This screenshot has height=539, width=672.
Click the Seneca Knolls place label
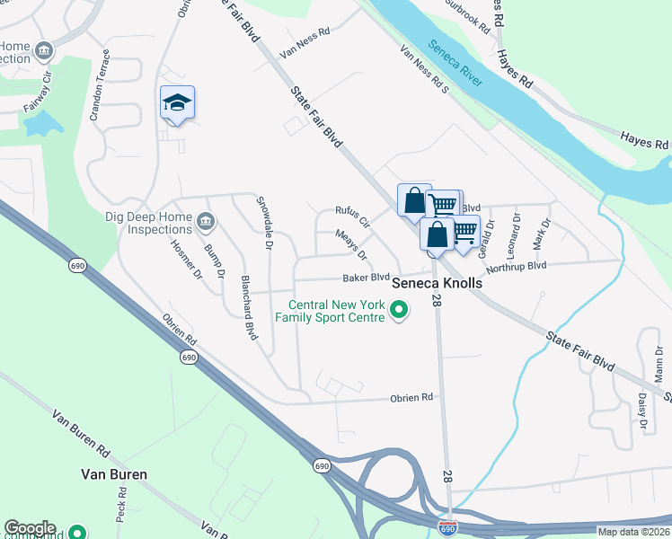click(437, 283)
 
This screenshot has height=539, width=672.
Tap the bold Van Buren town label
click(112, 473)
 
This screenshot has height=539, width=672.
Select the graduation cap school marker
click(178, 103)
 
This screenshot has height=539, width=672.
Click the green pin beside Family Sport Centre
click(399, 311)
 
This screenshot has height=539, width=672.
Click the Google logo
click(30, 528)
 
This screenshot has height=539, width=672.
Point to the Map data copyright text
click(633, 532)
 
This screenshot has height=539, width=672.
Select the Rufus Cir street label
click(353, 216)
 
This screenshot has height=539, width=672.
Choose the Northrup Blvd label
click(516, 268)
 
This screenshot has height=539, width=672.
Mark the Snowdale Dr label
click(265, 221)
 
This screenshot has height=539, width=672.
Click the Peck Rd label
click(120, 510)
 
